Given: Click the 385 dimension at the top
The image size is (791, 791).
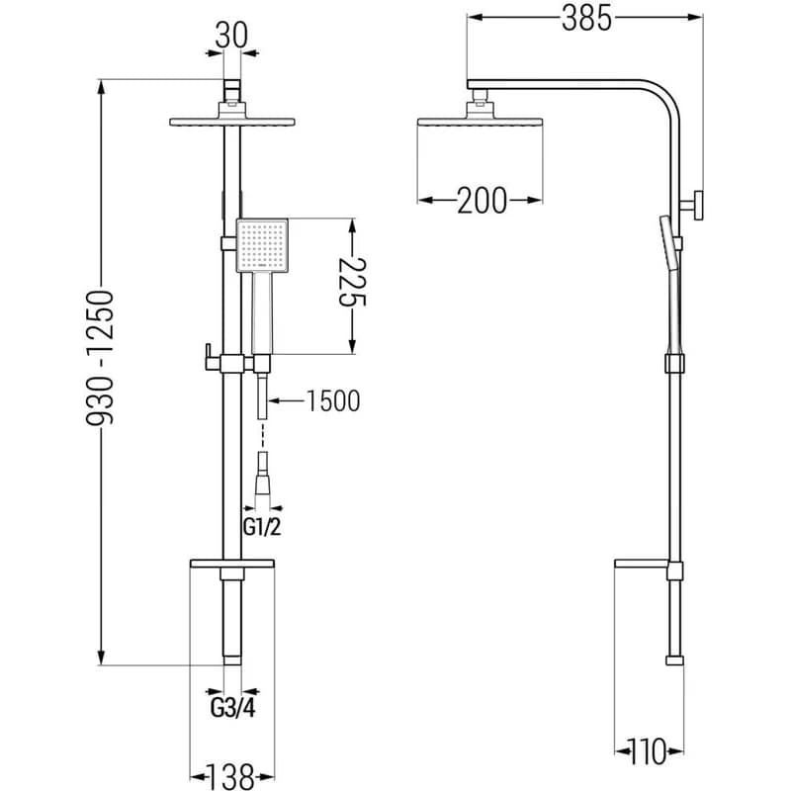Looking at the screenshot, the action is click(x=586, y=19).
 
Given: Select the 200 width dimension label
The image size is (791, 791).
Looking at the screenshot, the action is click(x=482, y=201).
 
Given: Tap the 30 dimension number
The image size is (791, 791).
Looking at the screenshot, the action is click(x=231, y=37).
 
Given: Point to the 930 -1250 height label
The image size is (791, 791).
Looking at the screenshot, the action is click(x=101, y=357).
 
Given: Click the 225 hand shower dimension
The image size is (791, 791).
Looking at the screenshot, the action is click(x=352, y=282).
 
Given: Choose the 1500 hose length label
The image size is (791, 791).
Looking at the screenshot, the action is click(x=333, y=401).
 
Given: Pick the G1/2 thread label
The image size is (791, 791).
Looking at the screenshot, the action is click(x=262, y=527).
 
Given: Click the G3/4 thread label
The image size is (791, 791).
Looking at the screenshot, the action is click(x=232, y=708).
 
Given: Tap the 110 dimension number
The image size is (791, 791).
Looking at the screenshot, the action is click(x=648, y=751).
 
